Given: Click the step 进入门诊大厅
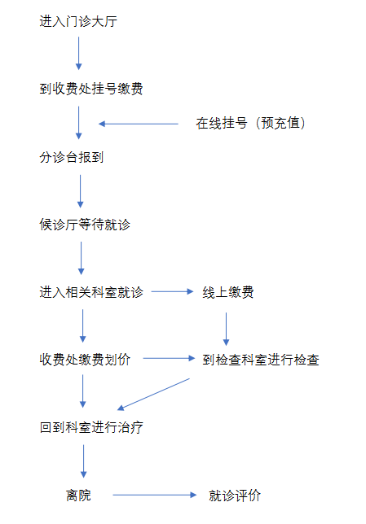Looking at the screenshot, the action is pyautogui.click(x=78, y=21).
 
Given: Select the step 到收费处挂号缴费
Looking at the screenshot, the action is pyautogui.click(x=91, y=89).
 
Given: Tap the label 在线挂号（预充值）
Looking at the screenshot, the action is pyautogui.click(x=250, y=123).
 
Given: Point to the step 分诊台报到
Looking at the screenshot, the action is pyautogui.click(x=72, y=157).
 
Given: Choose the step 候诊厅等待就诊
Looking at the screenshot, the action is pyautogui.click(x=85, y=225).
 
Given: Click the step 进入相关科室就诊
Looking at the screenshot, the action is pyautogui.click(x=91, y=292).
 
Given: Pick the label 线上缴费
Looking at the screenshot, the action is pyautogui.click(x=228, y=292).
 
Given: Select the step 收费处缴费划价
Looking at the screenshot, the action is pyautogui.click(x=85, y=360).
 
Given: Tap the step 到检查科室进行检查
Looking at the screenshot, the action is pyautogui.click(x=261, y=360).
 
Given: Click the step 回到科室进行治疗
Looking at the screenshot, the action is pyautogui.click(x=91, y=427).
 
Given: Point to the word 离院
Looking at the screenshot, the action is pyautogui.click(x=78, y=495).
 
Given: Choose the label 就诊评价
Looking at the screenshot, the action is pyautogui.click(x=235, y=495).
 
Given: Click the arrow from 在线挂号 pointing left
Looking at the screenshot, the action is pyautogui.click(x=139, y=124).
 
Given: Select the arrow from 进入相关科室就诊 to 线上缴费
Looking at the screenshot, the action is pyautogui.click(x=173, y=292).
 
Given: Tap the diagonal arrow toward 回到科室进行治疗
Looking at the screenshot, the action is pyautogui.click(x=153, y=394).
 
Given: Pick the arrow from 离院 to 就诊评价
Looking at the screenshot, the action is pyautogui.click(x=155, y=495).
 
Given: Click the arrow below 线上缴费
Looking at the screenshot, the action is pyautogui.click(x=226, y=329).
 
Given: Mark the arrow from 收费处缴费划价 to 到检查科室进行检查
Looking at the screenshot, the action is pyautogui.click(x=169, y=359).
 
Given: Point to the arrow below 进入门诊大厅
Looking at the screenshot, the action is pyautogui.click(x=79, y=53).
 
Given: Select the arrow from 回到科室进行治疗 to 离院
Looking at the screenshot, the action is pyautogui.click(x=84, y=461).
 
